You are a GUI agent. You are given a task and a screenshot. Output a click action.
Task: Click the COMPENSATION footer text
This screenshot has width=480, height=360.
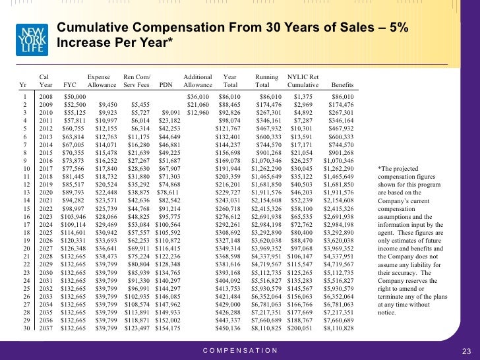240,351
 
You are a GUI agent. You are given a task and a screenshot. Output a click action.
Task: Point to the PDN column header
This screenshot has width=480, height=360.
166,85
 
